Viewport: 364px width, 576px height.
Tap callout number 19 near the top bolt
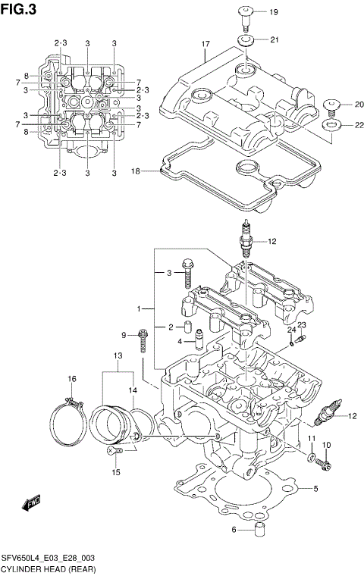(274, 12)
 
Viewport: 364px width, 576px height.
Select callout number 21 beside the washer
(274, 39)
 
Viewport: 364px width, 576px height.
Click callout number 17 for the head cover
(205, 45)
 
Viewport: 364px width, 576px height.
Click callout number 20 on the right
(348, 105)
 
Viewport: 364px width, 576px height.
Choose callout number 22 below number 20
(348, 125)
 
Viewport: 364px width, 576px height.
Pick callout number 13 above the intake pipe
(118, 355)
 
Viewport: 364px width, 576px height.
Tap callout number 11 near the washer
(311, 439)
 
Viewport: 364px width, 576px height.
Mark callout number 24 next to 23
(290, 330)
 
